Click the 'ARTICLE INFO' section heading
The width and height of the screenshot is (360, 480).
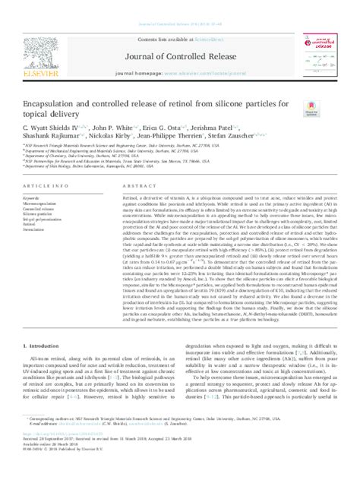click(x=41, y=185)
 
